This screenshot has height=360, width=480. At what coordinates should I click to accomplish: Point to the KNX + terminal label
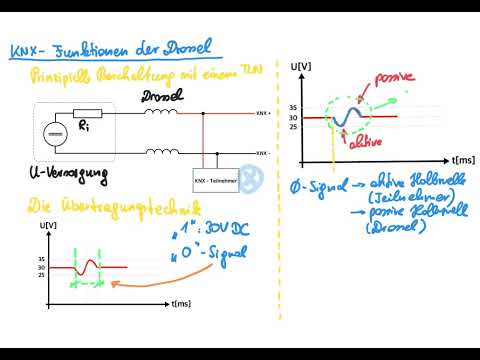point(262,113)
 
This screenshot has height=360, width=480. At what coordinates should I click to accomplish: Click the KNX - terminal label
point(262,153)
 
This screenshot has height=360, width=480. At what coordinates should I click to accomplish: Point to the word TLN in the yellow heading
point(257,69)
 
